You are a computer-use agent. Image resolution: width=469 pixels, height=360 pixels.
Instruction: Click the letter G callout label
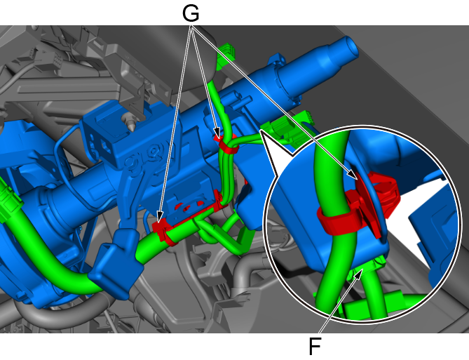pos(191,14)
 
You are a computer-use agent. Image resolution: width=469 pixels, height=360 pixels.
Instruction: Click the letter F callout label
pos(315,347)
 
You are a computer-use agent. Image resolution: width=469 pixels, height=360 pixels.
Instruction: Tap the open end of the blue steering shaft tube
pos(351,47)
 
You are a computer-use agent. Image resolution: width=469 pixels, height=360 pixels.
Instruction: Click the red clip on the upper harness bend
pos(226,145)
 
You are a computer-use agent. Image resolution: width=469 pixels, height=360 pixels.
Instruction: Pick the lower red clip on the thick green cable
pos(164,231)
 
